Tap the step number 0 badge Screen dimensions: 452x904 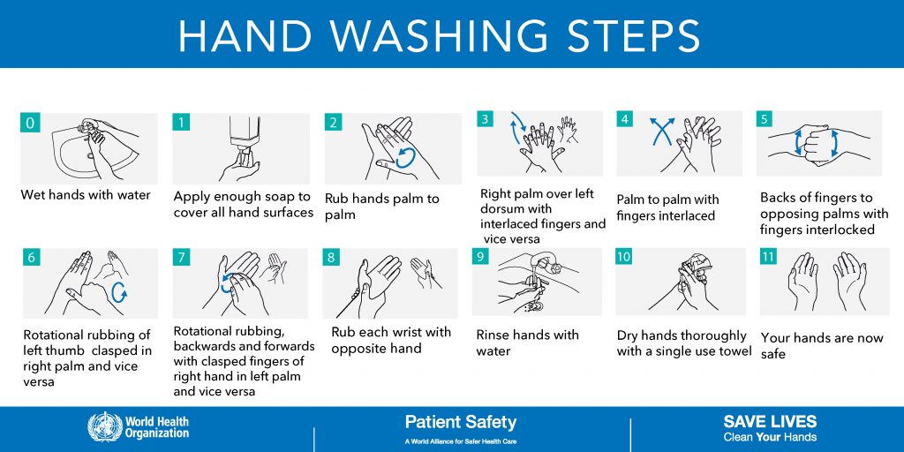click(x=30, y=123)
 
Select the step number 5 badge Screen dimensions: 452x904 click(x=765, y=119)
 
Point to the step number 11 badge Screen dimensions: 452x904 click(x=769, y=257)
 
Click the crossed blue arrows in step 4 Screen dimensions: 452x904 click(x=658, y=132)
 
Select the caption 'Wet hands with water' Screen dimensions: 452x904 click(x=86, y=195)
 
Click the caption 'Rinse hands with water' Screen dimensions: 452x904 click(x=527, y=343)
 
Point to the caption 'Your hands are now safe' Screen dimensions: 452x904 click(x=821, y=345)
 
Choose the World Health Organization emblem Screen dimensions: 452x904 click(x=104, y=427)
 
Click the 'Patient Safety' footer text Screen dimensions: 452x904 click(x=460, y=422)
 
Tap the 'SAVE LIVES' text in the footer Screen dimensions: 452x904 click(x=770, y=421)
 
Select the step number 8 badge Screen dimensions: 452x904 click(x=332, y=258)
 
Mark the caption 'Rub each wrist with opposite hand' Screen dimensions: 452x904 click(x=390, y=340)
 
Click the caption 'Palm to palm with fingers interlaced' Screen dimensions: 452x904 click(x=667, y=207)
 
